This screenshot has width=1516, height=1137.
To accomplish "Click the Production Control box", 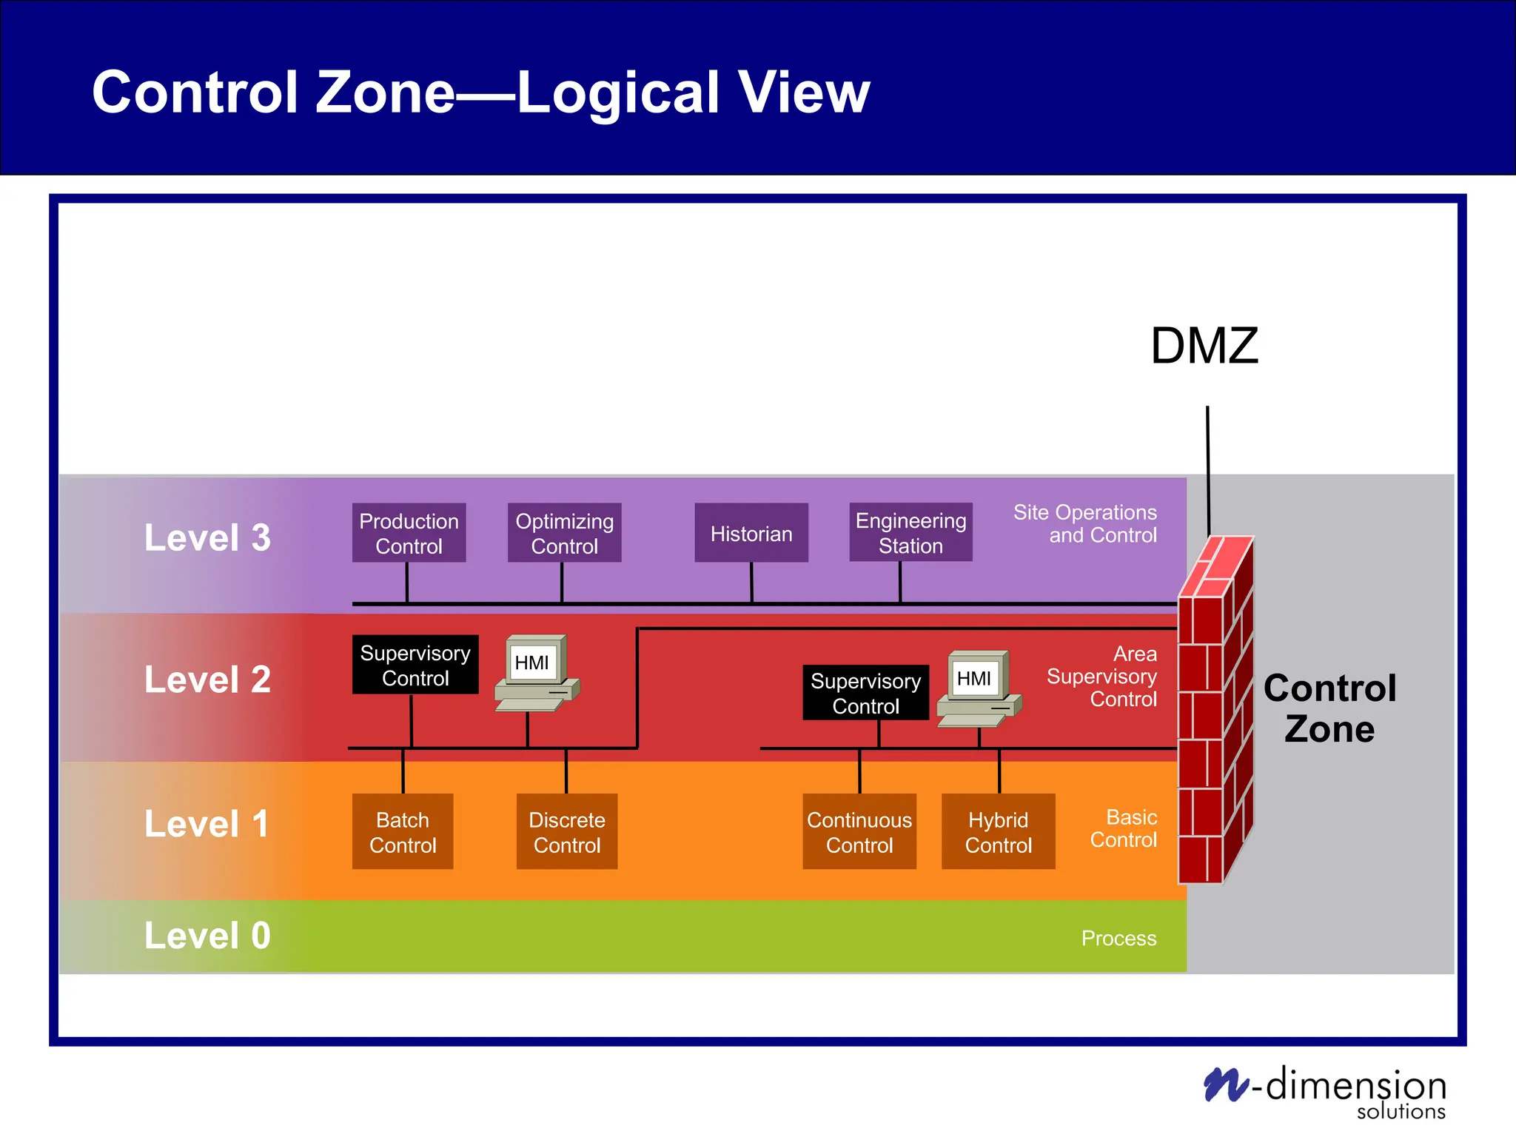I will [409, 533].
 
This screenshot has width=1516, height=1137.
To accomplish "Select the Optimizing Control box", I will [564, 533].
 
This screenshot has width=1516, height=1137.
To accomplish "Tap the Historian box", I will [751, 533].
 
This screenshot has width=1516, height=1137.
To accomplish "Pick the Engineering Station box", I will [910, 533].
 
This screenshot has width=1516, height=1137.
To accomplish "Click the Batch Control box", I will [403, 831].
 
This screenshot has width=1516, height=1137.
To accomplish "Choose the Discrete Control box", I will [567, 831].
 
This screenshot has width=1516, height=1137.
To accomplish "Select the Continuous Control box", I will [859, 831].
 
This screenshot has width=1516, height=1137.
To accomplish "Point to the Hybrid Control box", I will [998, 831].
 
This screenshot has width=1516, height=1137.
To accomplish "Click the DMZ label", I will [1204, 346].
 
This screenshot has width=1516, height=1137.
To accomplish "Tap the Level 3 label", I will [207, 537].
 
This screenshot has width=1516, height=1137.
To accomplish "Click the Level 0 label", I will [207, 936].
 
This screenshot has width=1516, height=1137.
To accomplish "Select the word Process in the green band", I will [1118, 939].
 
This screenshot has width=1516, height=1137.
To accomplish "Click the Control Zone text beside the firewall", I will [1329, 708].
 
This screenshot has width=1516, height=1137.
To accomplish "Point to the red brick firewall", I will [1214, 711].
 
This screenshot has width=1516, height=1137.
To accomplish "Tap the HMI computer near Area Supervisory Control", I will [978, 688].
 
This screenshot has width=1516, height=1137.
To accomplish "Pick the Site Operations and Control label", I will [1085, 523].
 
